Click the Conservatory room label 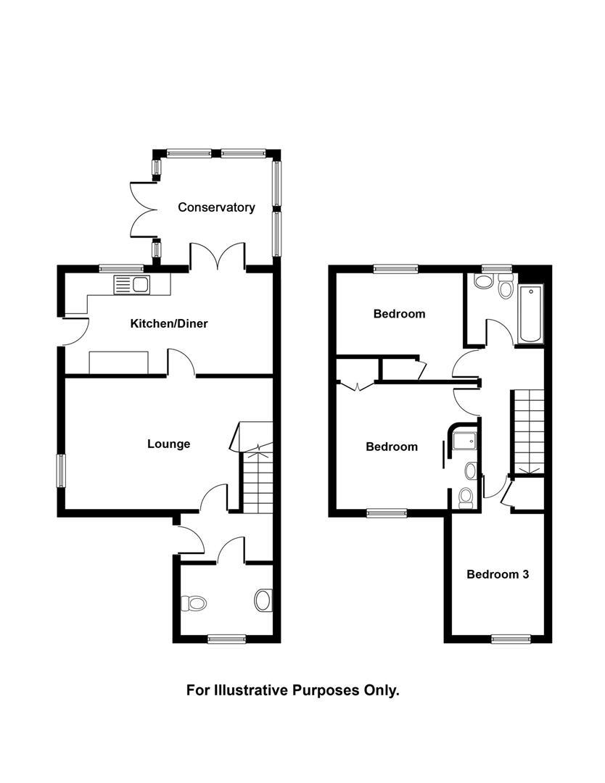[216, 207]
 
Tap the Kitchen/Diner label [168, 323]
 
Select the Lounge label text [168, 444]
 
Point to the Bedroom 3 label [497, 574]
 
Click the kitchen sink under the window [131, 284]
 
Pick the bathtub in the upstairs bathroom [530, 315]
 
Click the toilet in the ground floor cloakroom [194, 602]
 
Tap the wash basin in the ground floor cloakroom [263, 600]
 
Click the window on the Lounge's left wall [61, 471]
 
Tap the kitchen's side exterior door [75, 330]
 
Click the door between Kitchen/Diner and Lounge [181, 362]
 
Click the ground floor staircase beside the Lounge [258, 478]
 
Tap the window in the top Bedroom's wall [396, 268]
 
